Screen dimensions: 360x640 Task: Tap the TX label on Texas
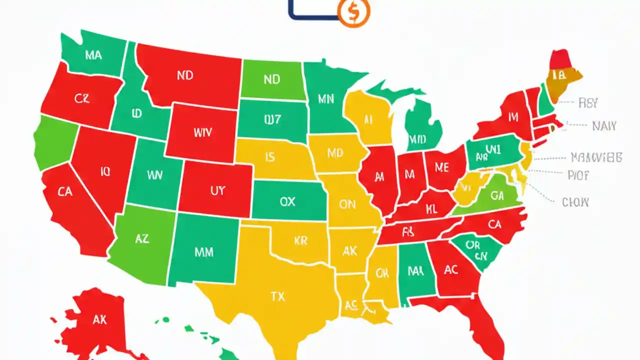tap(277, 296)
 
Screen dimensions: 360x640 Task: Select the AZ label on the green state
tap(142, 239)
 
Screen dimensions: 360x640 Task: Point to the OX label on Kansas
tap(287, 201)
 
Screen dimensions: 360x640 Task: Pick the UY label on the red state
tap(217, 190)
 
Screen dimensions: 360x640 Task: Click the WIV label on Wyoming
tap(202, 133)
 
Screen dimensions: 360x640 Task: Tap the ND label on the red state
tap(185, 76)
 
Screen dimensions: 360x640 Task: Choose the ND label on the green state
tap(271, 79)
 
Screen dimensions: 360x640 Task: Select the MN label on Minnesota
tap(325, 98)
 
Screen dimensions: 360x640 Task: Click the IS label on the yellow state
tap(270, 158)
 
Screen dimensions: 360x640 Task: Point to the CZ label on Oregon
tap(82, 99)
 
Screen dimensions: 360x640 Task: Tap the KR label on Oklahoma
tap(300, 241)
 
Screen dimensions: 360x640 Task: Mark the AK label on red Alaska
tap(99, 319)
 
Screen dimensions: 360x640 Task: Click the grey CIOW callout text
tap(575, 202)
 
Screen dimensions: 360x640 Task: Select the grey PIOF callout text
tap(578, 175)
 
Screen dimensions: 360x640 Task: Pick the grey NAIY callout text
tap(604, 126)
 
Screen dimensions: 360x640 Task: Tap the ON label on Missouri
tap(347, 204)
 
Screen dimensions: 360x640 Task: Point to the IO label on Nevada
tap(105, 172)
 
